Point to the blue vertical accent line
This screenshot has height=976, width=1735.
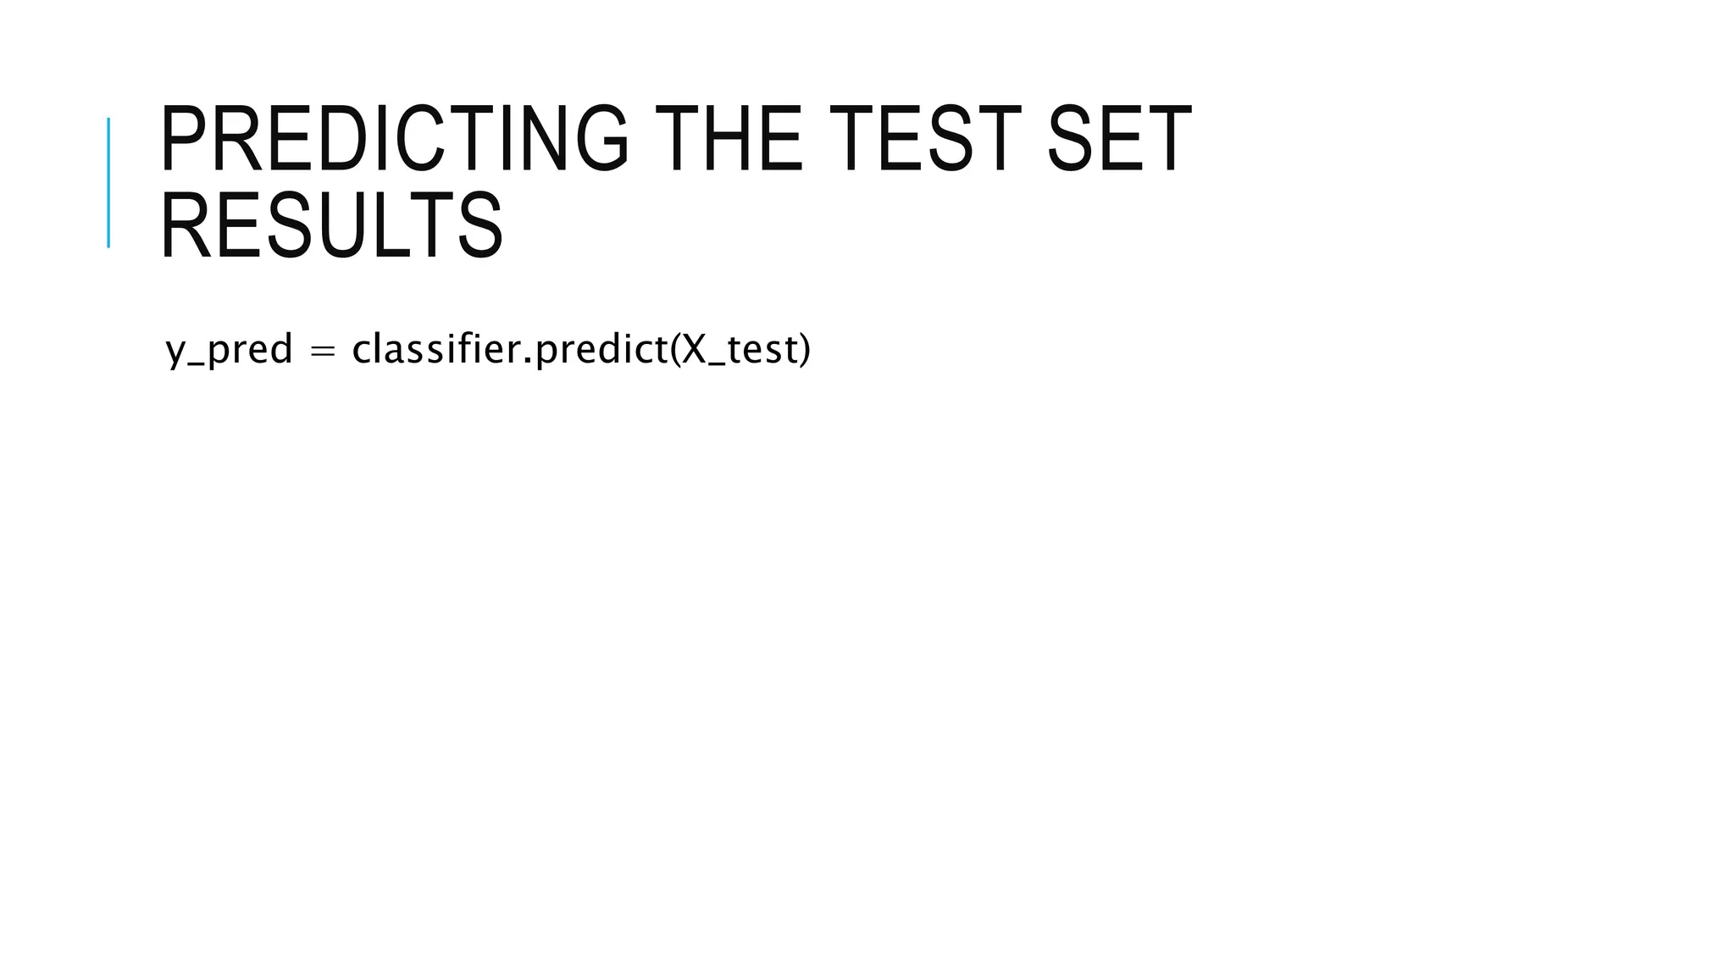point(108,182)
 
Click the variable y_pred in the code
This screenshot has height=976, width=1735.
point(229,350)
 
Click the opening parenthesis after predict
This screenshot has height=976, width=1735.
point(675,350)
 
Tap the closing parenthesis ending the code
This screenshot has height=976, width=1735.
point(804,350)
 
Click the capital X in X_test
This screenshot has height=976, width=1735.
point(694,349)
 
